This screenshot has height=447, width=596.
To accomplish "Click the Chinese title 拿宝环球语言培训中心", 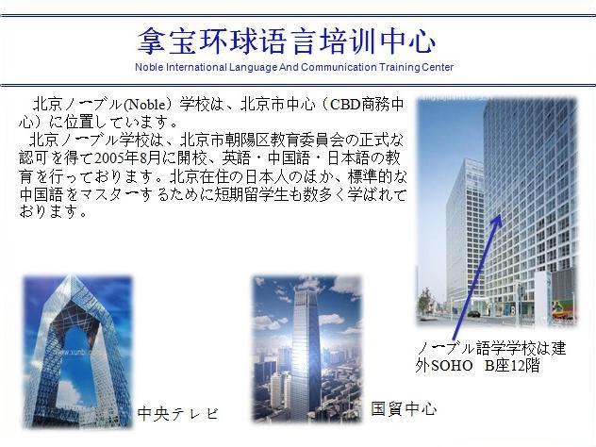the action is point(287,41).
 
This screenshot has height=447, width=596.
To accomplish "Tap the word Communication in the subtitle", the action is point(339,67).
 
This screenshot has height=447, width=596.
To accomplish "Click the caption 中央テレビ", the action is point(178,414).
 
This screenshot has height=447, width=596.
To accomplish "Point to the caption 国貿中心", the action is point(404,408).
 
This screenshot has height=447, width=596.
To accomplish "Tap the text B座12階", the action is point(512,366).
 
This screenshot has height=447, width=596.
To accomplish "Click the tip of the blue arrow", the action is point(501,215).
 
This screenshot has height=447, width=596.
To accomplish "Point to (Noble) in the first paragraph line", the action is point(144,104).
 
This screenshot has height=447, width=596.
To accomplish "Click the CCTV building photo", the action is point(78,352).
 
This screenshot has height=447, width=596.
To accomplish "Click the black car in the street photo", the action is point(473,314).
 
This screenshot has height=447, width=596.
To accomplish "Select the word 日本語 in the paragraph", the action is point(348,158).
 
